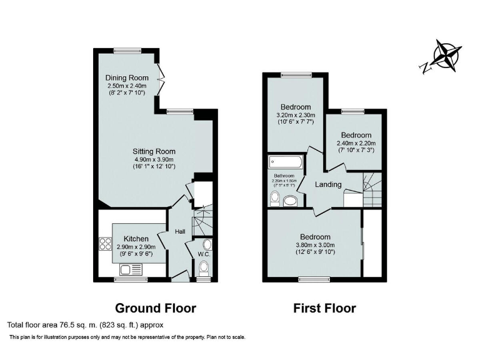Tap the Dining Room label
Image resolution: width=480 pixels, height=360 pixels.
pyautogui.click(x=127, y=77)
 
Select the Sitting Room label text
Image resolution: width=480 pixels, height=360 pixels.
pyautogui.click(x=153, y=151)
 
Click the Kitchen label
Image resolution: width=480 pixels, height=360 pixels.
pyautogui.click(x=136, y=239)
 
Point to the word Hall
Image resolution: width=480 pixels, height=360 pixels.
pyautogui.click(x=180, y=232)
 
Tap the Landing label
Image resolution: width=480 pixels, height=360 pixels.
pyautogui.click(x=328, y=184)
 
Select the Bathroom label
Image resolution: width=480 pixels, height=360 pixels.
pyautogui.click(x=284, y=176)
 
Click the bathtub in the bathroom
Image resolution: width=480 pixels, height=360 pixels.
pyautogui.click(x=286, y=162)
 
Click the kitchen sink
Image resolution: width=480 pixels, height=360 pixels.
pyautogui.click(x=129, y=269)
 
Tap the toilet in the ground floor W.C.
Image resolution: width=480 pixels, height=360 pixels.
pyautogui.click(x=203, y=268)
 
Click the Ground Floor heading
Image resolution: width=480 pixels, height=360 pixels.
pyautogui.click(x=156, y=308)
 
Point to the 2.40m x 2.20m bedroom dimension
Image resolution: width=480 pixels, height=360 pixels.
pyautogui.click(x=356, y=143)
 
